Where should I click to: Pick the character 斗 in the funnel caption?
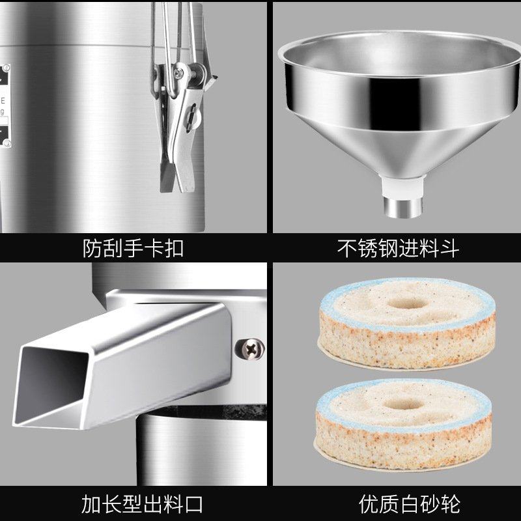click(x=450, y=248)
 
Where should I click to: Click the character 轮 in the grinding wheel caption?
click(x=449, y=503)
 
